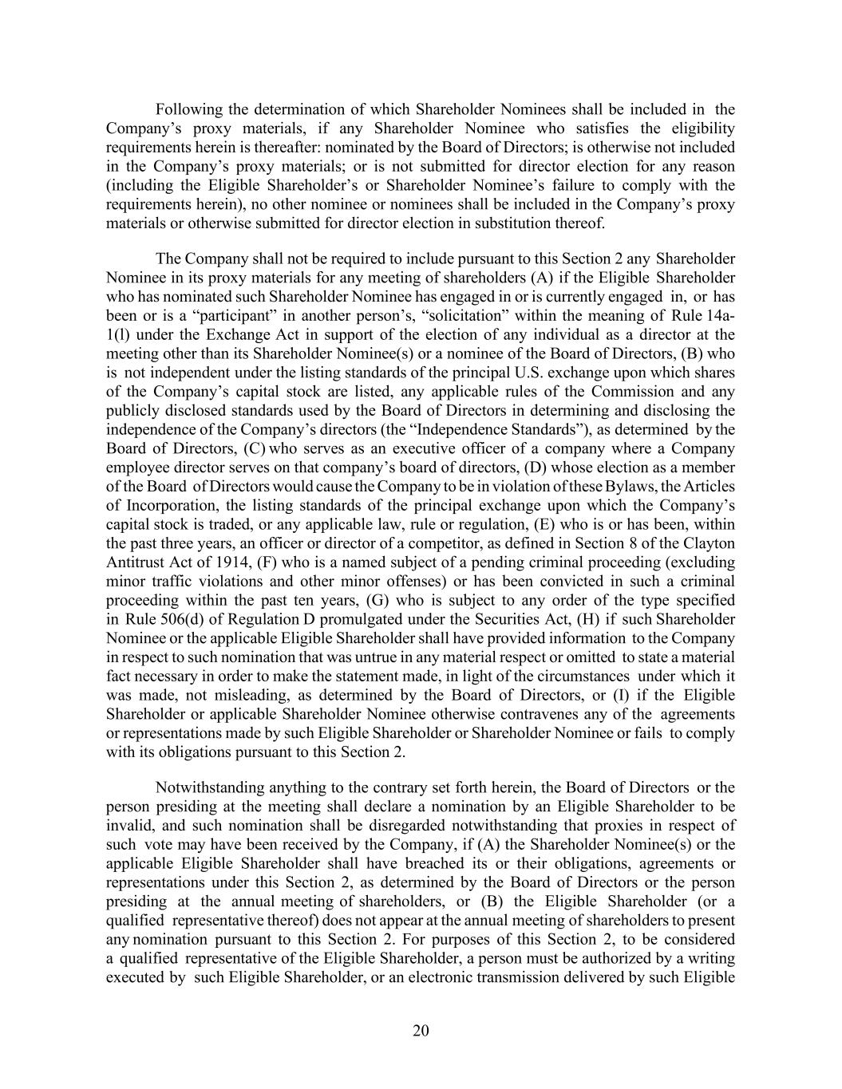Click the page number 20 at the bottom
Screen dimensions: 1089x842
421,1031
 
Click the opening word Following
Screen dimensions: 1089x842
188,109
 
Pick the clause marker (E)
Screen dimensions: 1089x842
551,524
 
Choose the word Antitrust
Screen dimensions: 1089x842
133,562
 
